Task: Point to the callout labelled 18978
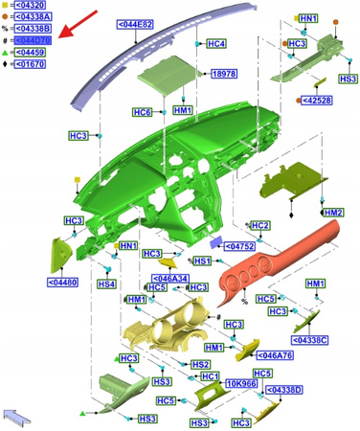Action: click(224, 73)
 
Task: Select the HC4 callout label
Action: click(216, 44)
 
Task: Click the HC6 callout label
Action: click(142, 113)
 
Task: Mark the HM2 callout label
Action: click(332, 212)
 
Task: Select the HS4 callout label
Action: click(106, 284)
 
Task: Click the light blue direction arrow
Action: click(18, 416)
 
